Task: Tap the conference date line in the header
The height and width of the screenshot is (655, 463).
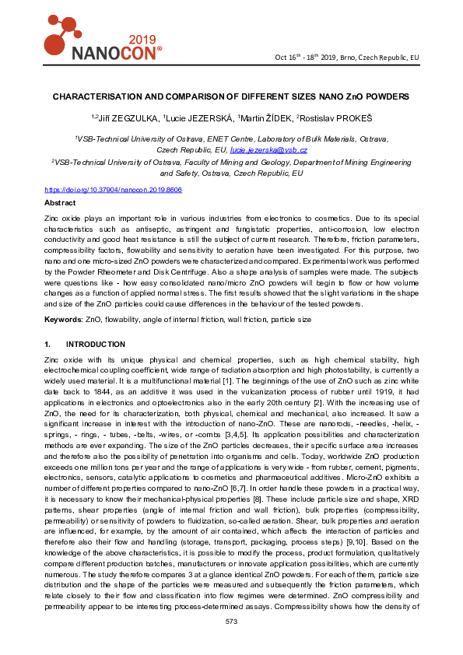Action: point(347,58)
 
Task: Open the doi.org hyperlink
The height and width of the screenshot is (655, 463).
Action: point(114,189)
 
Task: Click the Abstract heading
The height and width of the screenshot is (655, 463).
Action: point(60,202)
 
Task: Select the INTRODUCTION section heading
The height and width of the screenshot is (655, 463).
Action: point(96,344)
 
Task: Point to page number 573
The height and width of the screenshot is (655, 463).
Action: point(231,621)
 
